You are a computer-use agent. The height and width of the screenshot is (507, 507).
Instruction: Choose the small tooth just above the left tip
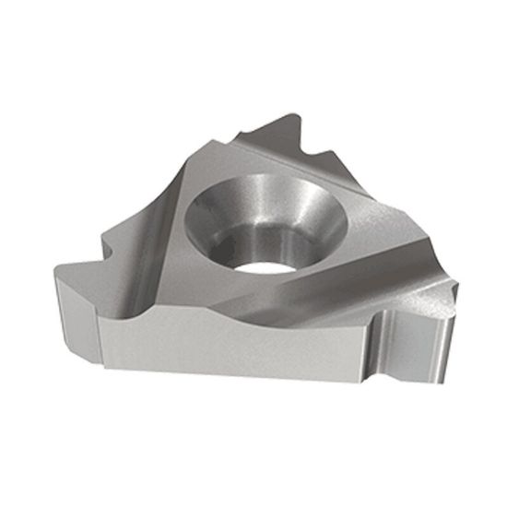click(110, 243)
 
